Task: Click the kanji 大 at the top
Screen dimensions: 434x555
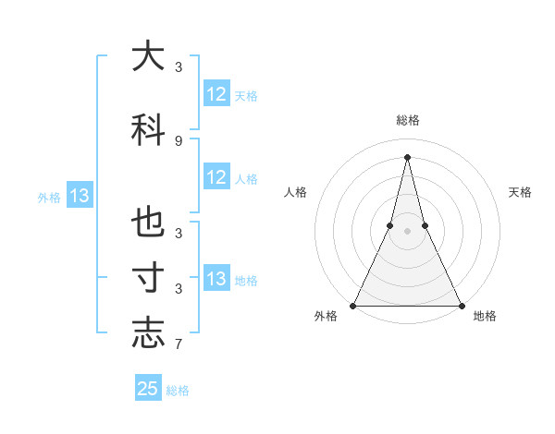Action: point(148,56)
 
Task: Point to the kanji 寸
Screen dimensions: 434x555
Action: point(148,278)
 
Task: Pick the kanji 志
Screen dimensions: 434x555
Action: point(148,333)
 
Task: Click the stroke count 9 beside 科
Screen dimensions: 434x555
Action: point(179,140)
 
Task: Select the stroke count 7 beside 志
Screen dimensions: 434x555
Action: point(179,345)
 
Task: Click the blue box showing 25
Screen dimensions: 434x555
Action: point(148,389)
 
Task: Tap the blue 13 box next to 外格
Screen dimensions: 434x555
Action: point(79,196)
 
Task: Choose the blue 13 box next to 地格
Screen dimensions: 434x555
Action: point(216,279)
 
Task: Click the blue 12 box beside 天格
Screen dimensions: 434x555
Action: point(216,94)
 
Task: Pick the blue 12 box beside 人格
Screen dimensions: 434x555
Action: point(216,177)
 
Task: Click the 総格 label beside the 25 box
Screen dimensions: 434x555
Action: point(178,391)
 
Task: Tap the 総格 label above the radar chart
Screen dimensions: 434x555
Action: point(407,120)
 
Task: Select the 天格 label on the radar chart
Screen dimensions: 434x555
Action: point(520,192)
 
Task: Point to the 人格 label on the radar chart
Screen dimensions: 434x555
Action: point(295,192)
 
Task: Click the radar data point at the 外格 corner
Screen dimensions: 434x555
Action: point(353,305)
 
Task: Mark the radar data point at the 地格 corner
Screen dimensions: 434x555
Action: point(461,305)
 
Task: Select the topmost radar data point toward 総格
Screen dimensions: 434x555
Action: point(407,156)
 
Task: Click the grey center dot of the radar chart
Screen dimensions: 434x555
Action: point(407,231)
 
